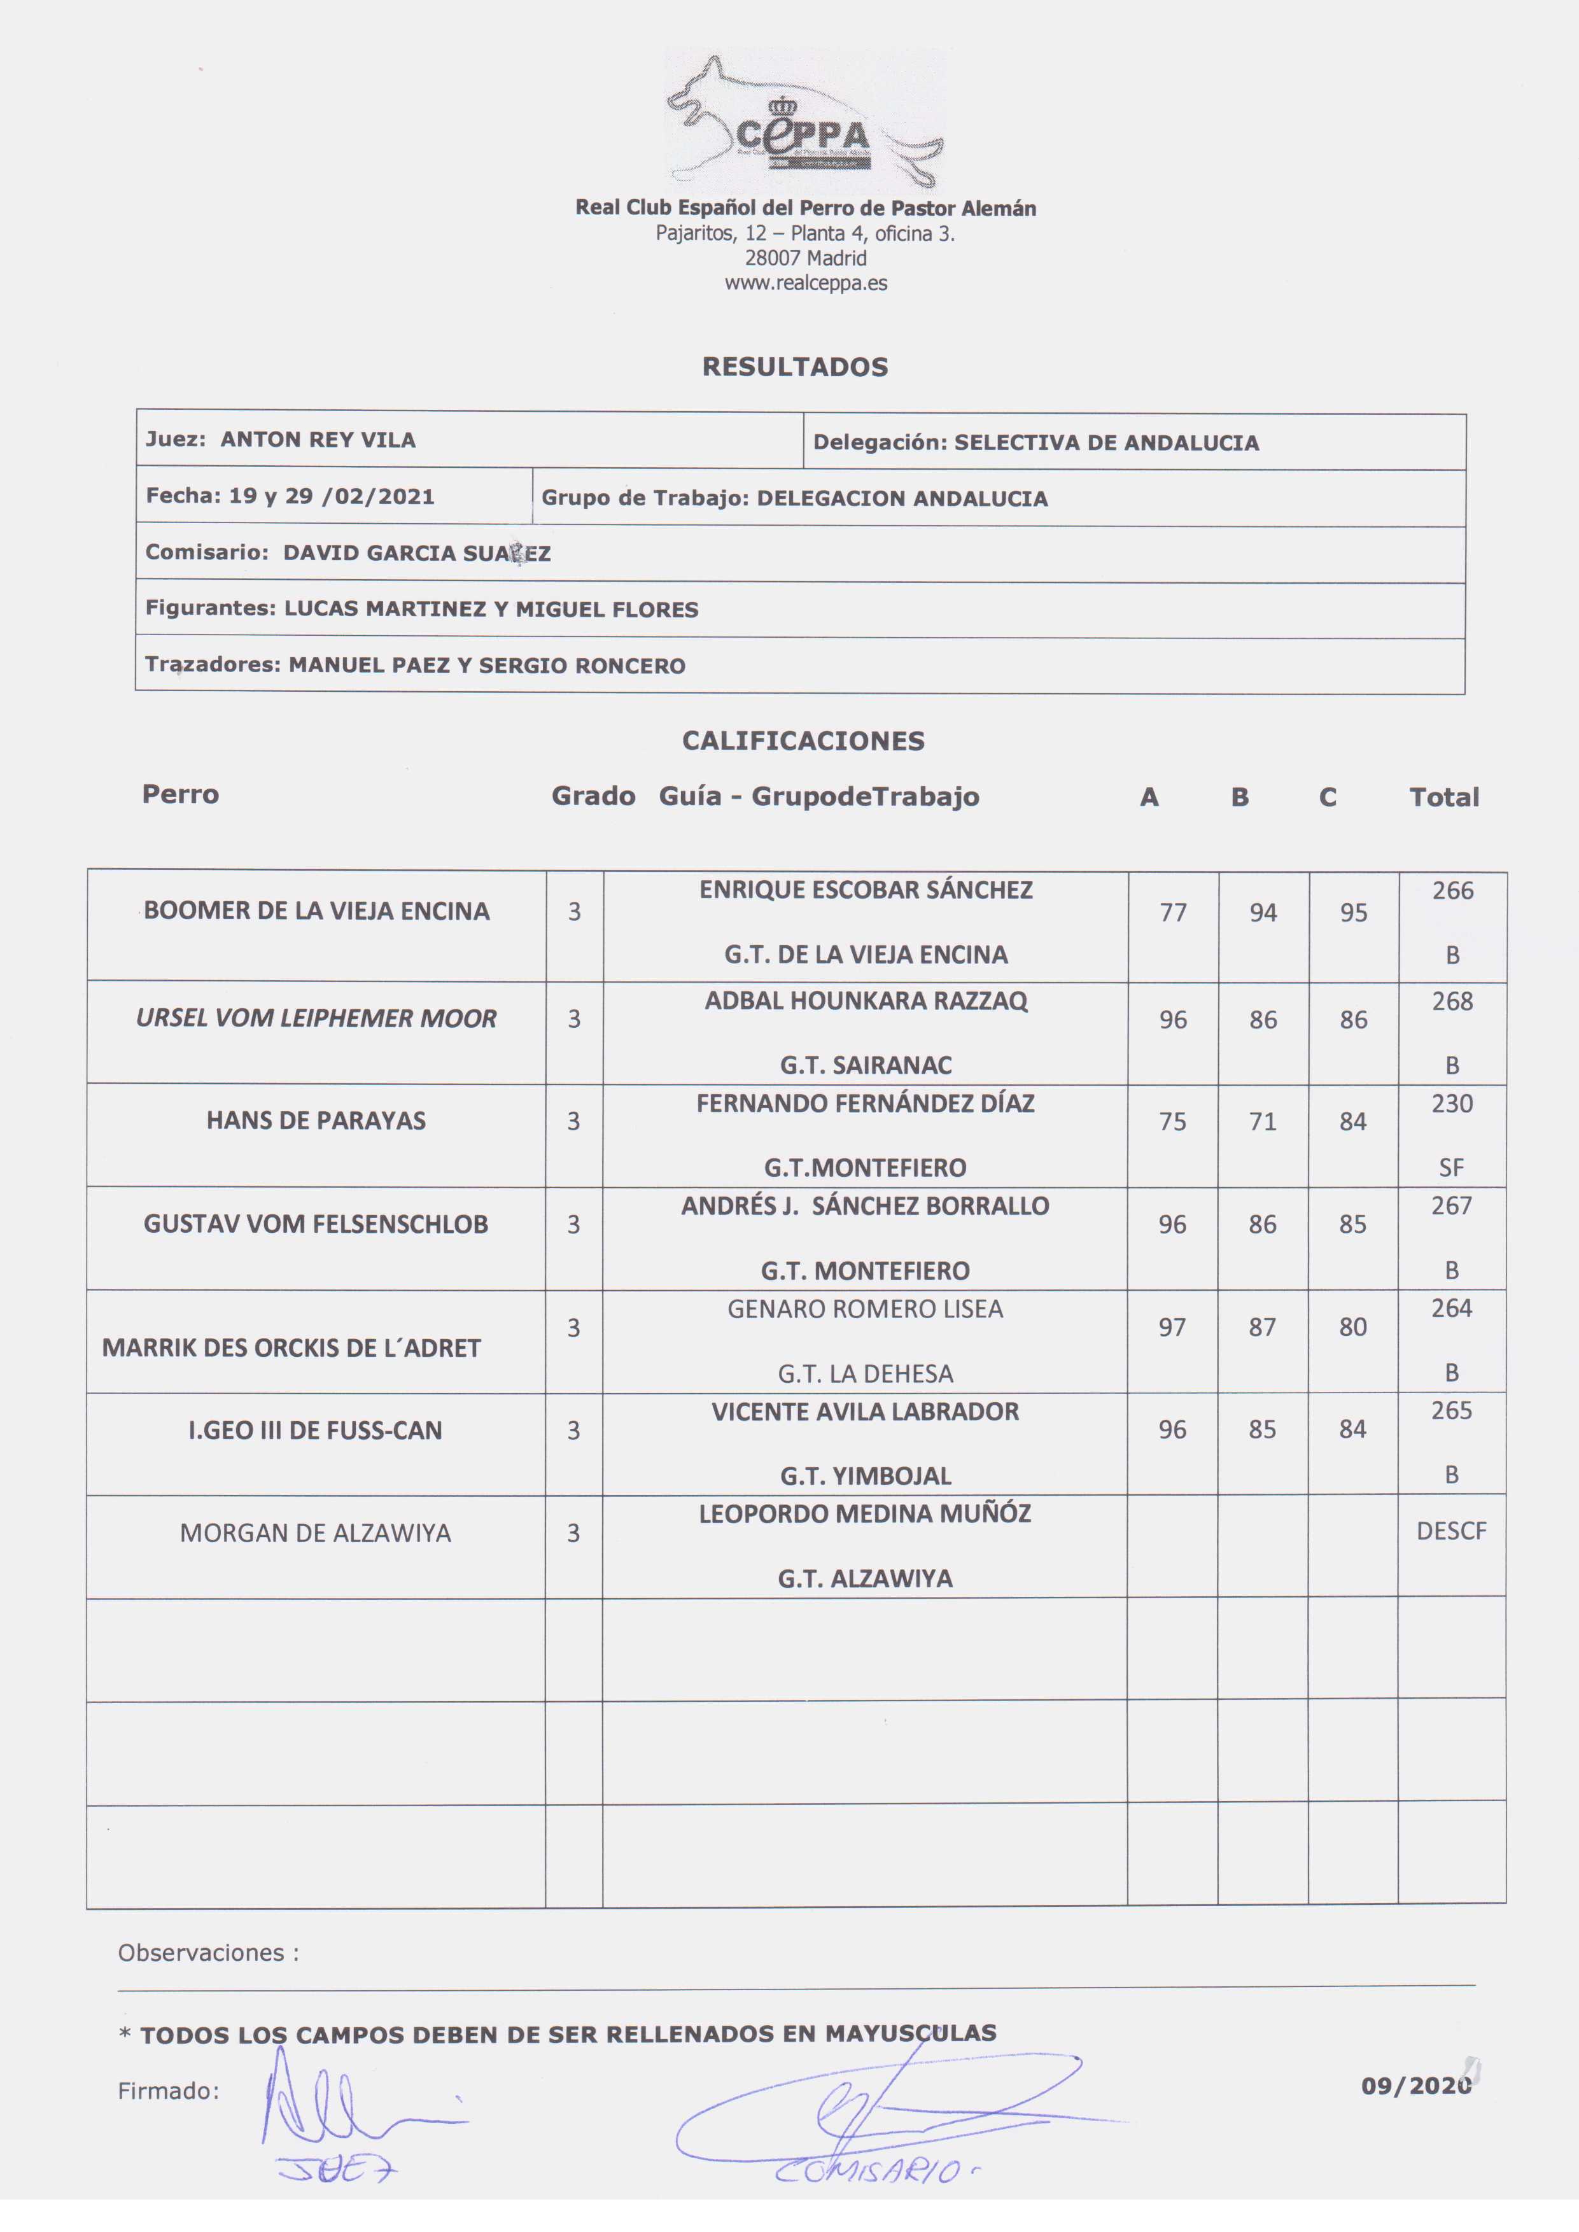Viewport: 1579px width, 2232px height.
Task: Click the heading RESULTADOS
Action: [x=794, y=367]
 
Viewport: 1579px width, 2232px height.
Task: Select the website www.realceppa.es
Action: [x=805, y=283]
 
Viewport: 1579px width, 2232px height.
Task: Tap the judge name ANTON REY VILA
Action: [x=318, y=439]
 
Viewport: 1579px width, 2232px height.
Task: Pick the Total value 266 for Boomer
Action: [x=1452, y=890]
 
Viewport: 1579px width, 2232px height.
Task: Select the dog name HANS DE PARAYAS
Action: [x=316, y=1120]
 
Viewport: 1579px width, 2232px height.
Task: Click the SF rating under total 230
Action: [x=1450, y=1167]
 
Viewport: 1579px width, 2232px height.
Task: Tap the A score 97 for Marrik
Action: [x=1172, y=1327]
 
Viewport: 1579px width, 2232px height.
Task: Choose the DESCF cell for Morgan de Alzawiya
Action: [x=1450, y=1531]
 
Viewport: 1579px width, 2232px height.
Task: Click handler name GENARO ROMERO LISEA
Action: [x=864, y=1309]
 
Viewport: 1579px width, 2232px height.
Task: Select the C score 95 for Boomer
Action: [x=1354, y=913]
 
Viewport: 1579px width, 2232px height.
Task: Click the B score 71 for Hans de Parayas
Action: [x=1262, y=1121]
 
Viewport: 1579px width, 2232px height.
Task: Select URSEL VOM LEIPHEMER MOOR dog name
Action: [x=316, y=1018]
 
